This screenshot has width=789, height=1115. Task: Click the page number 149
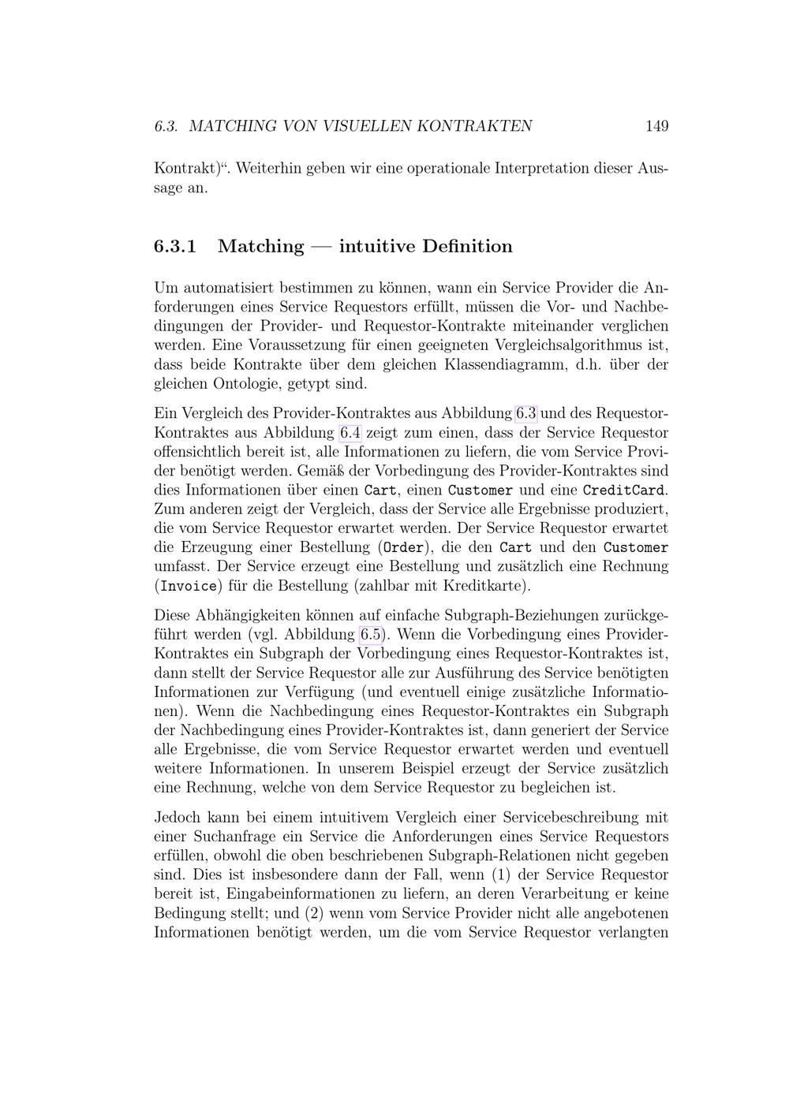(656, 126)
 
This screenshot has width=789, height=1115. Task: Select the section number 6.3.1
(174, 247)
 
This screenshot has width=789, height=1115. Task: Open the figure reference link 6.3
(525, 413)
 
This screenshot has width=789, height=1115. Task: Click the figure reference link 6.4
(350, 433)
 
